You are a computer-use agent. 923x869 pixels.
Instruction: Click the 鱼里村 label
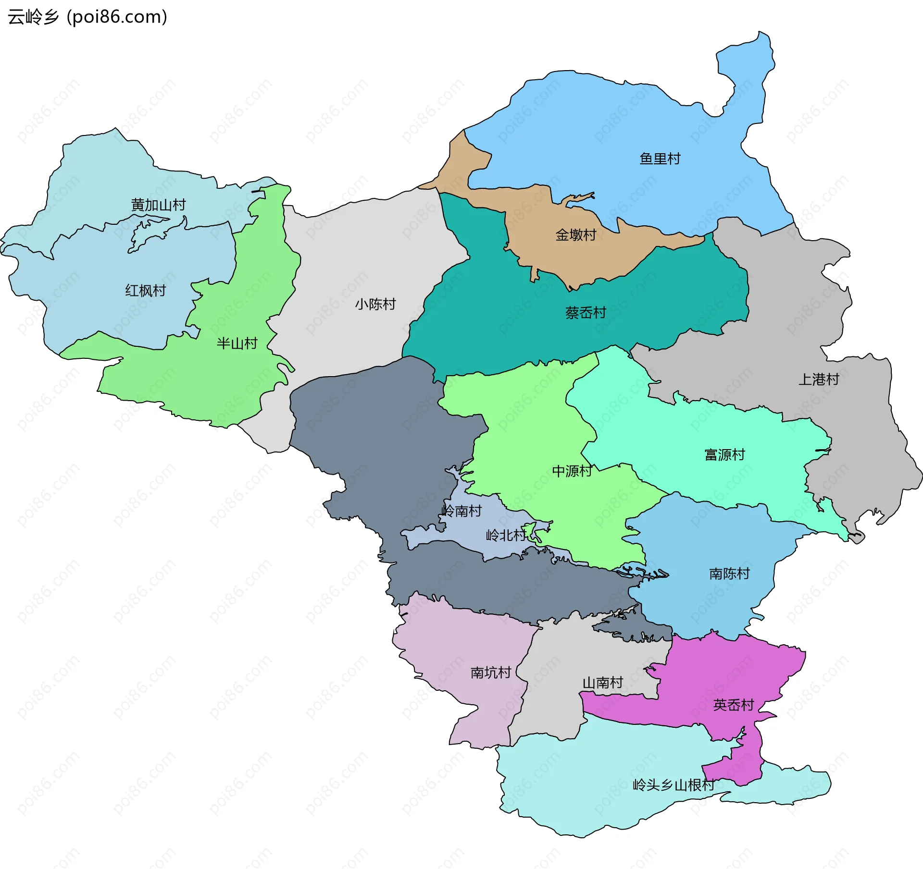(x=660, y=159)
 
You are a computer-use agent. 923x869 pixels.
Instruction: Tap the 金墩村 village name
(x=575, y=235)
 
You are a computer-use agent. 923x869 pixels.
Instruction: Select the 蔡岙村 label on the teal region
(x=585, y=313)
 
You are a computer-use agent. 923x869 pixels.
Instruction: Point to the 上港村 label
(x=818, y=379)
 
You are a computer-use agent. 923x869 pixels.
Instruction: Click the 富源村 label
(x=724, y=454)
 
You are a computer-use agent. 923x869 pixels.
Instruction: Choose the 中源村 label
(x=572, y=471)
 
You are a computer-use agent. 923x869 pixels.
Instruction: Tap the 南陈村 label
(x=729, y=574)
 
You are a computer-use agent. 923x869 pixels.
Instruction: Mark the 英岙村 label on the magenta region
(x=733, y=705)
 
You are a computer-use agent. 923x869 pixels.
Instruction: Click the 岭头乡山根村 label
(x=673, y=785)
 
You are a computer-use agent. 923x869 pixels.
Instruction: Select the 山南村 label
(x=602, y=683)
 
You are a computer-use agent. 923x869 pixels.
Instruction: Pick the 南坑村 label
(x=490, y=673)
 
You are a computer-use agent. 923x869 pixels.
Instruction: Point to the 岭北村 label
(x=506, y=535)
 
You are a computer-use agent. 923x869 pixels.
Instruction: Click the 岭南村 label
(x=461, y=511)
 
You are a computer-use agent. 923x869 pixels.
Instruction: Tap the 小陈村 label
(x=375, y=304)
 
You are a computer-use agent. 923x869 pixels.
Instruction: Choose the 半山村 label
(x=237, y=343)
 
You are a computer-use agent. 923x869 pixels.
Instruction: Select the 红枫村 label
(x=145, y=291)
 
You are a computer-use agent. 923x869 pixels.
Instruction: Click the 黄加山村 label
(x=158, y=205)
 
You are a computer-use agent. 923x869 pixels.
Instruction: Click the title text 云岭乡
(x=33, y=17)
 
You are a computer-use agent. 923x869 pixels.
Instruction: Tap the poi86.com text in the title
(x=117, y=17)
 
